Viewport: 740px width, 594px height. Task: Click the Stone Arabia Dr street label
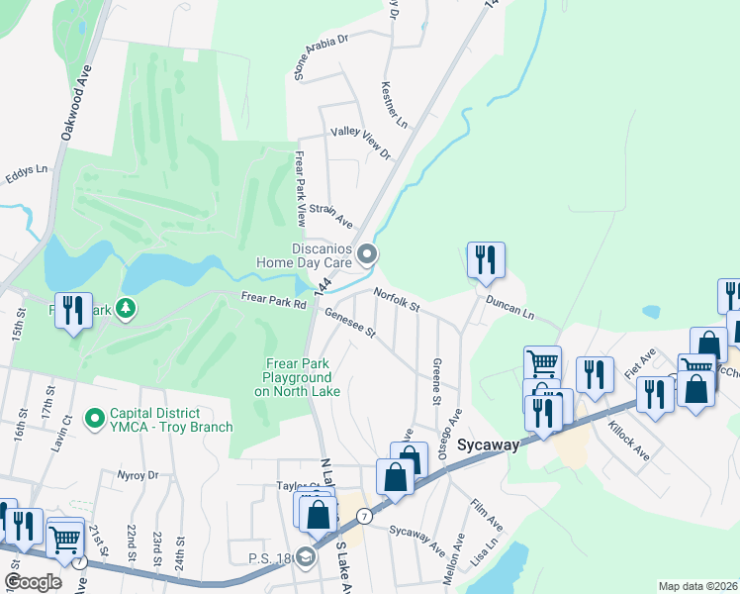click(323, 55)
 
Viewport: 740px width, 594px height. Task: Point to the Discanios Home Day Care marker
click(367, 255)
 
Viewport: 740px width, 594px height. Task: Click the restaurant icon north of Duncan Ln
click(485, 260)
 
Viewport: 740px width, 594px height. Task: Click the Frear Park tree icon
click(126, 308)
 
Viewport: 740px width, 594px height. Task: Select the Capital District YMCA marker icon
click(95, 419)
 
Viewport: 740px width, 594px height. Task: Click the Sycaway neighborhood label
click(488, 445)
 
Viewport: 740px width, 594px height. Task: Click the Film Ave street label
click(487, 513)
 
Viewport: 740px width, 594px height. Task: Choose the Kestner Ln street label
click(394, 104)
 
